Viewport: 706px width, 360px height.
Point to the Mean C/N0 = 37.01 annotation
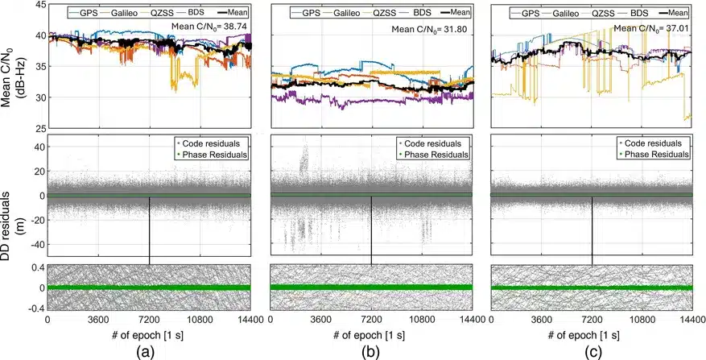coord(653,29)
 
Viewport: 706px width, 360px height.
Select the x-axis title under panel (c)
coord(591,335)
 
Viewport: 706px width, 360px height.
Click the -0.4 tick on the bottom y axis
coord(37,308)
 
